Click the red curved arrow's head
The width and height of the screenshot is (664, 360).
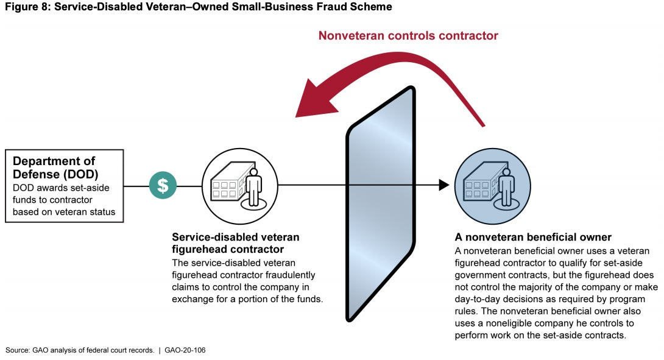click(x=308, y=104)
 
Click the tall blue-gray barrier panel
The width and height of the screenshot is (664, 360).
click(x=381, y=204)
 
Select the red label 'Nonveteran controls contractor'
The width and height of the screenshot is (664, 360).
click(x=408, y=36)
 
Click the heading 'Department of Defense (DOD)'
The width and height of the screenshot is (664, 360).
click(x=54, y=167)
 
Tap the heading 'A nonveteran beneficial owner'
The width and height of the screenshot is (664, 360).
click(x=533, y=237)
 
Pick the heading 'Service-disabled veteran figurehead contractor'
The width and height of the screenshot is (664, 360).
click(x=236, y=243)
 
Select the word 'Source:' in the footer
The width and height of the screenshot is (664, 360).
click(x=18, y=350)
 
